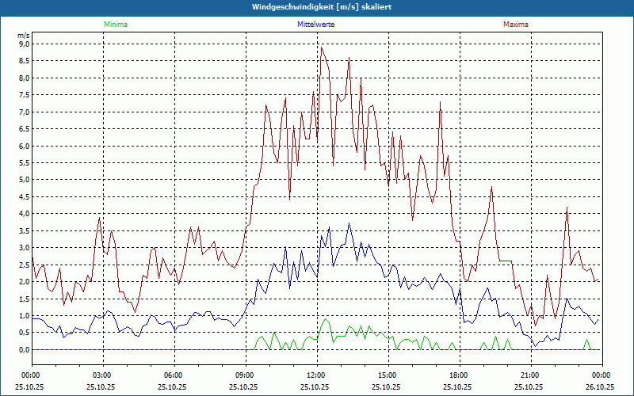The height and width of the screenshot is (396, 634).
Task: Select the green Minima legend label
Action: [x=115, y=25]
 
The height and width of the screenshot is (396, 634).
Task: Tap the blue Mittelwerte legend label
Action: [x=315, y=25]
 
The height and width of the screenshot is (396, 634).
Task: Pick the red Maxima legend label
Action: [x=515, y=25]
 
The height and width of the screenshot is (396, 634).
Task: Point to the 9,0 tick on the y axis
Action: [x=23, y=44]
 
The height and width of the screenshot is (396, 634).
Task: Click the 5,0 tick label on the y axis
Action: [x=23, y=180]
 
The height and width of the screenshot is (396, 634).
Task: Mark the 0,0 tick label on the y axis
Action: [x=23, y=349]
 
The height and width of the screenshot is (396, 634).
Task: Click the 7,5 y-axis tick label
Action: [x=23, y=95]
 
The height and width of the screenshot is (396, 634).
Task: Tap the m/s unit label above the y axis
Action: [x=23, y=36]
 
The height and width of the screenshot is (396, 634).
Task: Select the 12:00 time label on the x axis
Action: [x=315, y=375]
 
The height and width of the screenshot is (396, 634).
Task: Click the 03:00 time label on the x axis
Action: [x=102, y=375]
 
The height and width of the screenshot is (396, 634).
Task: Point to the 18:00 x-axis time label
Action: [x=458, y=375]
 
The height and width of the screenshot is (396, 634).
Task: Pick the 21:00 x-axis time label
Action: [x=529, y=375]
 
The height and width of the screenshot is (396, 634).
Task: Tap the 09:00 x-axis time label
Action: [x=244, y=375]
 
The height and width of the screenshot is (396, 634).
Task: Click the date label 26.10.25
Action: [x=600, y=387]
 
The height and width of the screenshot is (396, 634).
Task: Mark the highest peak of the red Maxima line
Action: [x=321, y=48]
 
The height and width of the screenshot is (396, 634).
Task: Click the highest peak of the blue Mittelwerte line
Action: [x=349, y=223]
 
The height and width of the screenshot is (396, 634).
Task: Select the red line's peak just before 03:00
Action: [x=99, y=218]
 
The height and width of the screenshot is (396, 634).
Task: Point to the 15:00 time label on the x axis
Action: [x=387, y=375]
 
